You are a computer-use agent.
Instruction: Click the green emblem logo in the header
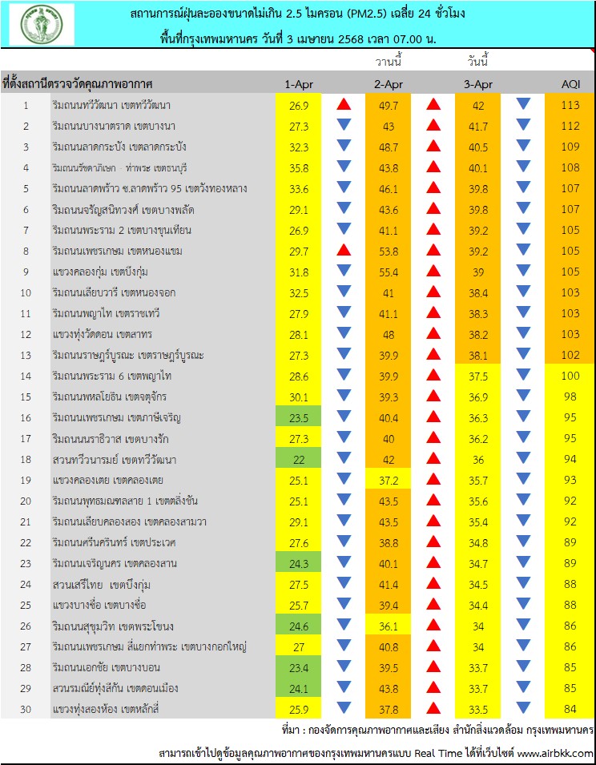pos(42,24)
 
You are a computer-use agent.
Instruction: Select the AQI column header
pos(570,83)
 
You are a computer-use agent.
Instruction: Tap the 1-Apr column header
pos(298,83)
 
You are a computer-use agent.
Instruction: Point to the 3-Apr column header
pos(478,83)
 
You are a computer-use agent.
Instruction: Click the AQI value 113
pos(570,104)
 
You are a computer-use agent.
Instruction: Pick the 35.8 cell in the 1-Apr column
pos(298,167)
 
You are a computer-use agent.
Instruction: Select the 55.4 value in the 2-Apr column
pos(388,272)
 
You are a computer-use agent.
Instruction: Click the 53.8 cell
pos(388,251)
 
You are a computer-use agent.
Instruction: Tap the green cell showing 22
pos(298,459)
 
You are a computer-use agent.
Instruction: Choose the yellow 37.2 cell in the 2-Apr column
pos(388,480)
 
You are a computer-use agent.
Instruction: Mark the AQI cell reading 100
pos(570,376)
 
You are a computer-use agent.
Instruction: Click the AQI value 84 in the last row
pos(570,707)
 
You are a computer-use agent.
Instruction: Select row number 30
pos(25,707)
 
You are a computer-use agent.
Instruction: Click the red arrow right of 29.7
pos(344,251)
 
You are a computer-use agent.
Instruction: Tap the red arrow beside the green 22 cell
pos(344,459)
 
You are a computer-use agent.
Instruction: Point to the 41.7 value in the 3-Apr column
pos(478,126)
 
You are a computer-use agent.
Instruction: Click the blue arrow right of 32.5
pos(344,292)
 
